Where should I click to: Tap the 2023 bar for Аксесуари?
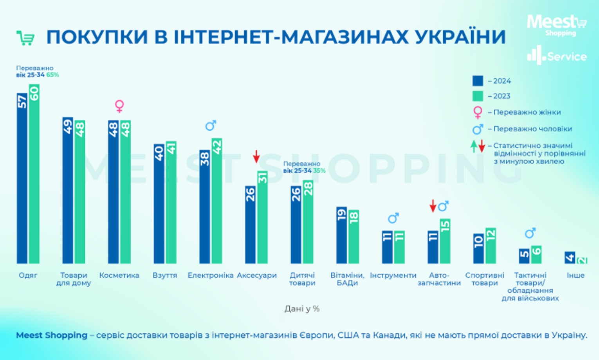(262, 217)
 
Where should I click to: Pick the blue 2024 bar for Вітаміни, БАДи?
(341, 235)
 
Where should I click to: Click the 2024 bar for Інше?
(570, 257)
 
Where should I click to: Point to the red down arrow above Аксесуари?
(256, 156)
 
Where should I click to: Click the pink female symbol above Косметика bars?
(119, 106)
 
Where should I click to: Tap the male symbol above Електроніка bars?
(211, 126)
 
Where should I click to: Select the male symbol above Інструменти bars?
(393, 218)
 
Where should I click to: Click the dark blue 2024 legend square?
(478, 81)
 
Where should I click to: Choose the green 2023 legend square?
(478, 96)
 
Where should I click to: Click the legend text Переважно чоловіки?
(532, 129)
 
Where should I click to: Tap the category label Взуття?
(165, 275)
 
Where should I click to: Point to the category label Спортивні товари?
(485, 279)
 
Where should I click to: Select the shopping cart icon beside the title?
(25, 38)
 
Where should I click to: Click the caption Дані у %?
(302, 309)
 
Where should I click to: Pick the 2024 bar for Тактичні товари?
(524, 256)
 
